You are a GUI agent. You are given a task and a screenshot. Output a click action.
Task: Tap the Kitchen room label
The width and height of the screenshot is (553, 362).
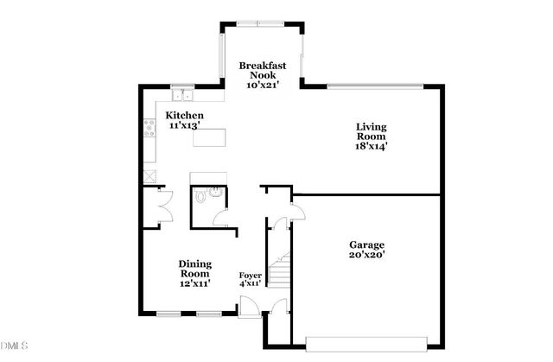click(x=185, y=115)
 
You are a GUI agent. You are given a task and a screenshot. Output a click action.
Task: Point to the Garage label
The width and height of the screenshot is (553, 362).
click(x=367, y=245)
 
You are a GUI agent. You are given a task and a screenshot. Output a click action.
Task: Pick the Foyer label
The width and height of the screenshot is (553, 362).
click(x=250, y=276)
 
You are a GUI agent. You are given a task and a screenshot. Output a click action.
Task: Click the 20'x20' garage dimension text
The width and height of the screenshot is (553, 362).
click(x=367, y=255)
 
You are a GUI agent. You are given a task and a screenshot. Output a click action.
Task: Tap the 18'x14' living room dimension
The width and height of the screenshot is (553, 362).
click(x=372, y=147)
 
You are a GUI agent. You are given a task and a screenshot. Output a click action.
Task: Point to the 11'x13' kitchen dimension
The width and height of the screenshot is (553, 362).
click(x=184, y=125)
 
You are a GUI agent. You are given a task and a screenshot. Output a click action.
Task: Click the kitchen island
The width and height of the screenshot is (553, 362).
click(x=210, y=137)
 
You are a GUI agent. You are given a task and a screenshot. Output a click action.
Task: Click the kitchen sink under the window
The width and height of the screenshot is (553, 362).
click(x=182, y=94)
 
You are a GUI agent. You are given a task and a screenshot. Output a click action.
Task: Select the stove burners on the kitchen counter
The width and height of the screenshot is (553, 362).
click(x=148, y=133)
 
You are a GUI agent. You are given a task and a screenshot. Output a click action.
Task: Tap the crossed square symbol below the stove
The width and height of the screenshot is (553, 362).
click(x=150, y=175)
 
